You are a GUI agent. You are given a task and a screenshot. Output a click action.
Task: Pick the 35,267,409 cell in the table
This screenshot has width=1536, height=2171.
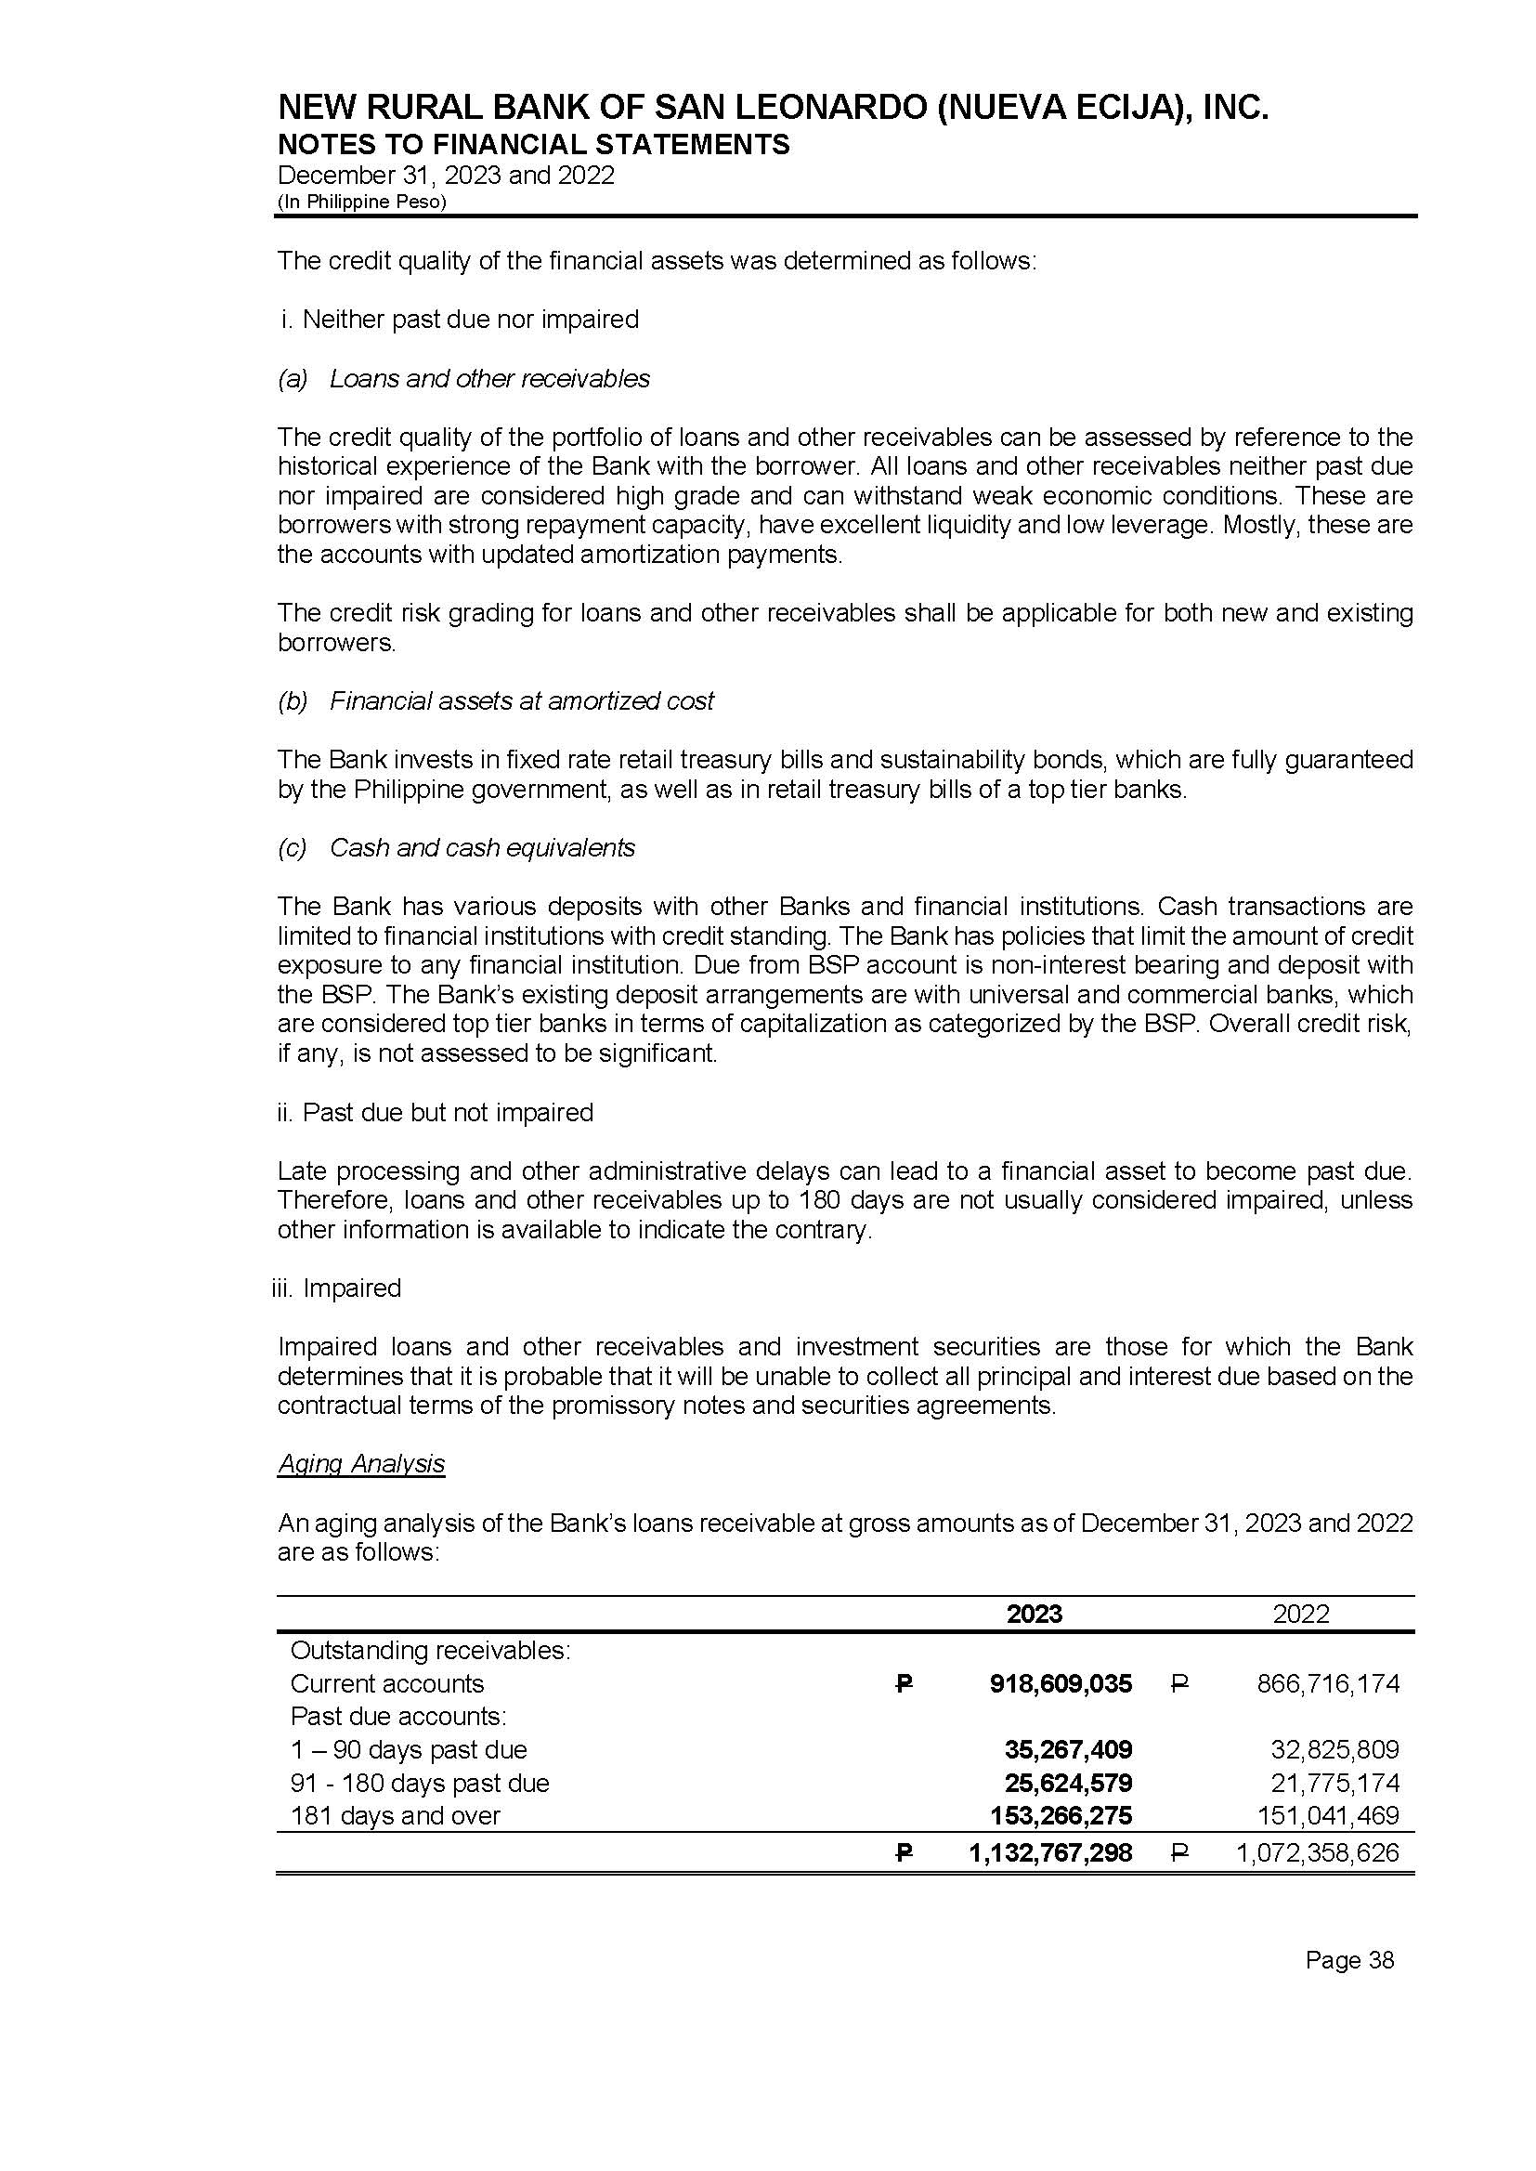click(1068, 1749)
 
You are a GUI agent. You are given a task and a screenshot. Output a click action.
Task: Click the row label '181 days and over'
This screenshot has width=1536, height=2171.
click(395, 1815)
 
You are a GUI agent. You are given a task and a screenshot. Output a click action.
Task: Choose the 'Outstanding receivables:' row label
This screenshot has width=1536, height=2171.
click(429, 1650)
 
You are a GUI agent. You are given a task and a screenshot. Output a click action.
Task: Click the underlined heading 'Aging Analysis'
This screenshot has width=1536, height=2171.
click(360, 1463)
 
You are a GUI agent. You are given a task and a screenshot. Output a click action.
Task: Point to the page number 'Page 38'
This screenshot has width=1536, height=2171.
click(1348, 1960)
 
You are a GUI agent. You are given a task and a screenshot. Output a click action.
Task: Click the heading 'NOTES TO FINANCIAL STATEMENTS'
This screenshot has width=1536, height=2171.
click(533, 144)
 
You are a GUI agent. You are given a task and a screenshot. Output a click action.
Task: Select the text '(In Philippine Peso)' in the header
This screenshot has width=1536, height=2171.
click(361, 202)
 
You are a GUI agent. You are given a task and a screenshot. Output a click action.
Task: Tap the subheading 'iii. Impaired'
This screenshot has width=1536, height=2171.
click(338, 1288)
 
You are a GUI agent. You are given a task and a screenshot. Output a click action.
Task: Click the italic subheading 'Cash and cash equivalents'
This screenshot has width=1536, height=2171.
click(481, 847)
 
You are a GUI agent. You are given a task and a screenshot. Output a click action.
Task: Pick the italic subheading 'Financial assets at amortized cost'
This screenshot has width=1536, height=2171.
click(521, 701)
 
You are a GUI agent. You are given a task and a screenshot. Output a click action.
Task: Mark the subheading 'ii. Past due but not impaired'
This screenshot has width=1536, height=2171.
click(435, 1112)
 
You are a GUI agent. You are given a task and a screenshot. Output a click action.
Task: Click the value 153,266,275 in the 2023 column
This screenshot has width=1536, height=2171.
click(1061, 1815)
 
